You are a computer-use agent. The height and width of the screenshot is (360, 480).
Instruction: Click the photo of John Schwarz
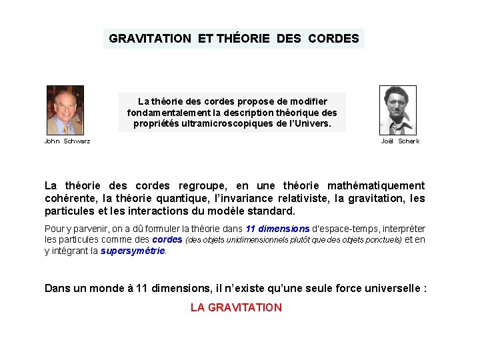[x=65, y=110]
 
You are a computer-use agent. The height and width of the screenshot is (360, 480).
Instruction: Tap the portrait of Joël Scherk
[x=398, y=110]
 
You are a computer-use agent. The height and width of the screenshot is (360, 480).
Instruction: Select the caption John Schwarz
[x=67, y=141]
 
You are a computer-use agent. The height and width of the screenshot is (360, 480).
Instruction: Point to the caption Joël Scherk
[x=400, y=141]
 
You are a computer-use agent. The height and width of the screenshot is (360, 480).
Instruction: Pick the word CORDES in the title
[x=333, y=39]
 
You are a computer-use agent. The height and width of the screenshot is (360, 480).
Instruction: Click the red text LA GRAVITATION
[x=236, y=307]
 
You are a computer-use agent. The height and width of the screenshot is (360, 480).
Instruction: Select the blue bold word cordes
[x=167, y=240]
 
